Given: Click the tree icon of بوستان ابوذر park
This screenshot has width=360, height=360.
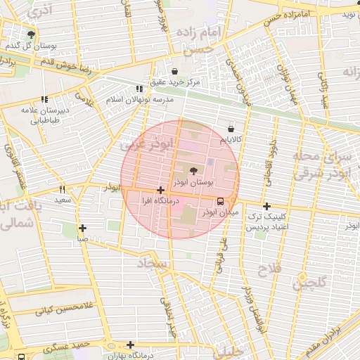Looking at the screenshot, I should pos(193,170).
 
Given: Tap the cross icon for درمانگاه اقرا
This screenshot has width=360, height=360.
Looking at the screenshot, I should pos(161,190).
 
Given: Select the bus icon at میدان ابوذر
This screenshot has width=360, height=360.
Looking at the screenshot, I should pos(221,200).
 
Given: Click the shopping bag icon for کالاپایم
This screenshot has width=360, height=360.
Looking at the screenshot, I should pos(231,129).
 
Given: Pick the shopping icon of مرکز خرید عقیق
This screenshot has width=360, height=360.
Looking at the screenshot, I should pos(174,71).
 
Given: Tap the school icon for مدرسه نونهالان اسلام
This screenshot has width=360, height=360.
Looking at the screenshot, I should pos(139,89).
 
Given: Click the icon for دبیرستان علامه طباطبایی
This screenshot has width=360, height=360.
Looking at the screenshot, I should pos(45,100).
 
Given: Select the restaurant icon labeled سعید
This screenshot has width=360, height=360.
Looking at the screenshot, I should pos(63,189).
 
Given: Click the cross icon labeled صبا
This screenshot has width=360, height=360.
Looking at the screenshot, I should pos(83,227).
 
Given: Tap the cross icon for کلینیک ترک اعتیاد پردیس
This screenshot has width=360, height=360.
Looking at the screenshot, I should pos(266,206).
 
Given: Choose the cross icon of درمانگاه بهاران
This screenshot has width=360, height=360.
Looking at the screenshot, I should pos(130,345).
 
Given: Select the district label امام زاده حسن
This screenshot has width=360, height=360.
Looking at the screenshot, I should pos(202,41).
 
